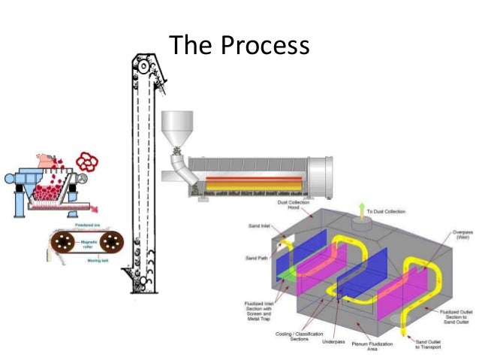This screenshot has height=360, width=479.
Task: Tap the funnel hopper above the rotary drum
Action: point(177,127)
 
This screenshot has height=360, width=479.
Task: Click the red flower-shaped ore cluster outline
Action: point(89,163)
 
